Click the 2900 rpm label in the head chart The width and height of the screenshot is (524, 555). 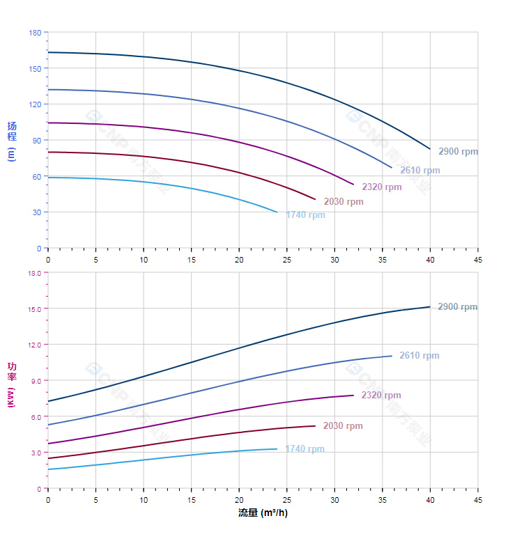[458, 151]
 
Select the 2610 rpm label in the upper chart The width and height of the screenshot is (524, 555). [419, 171]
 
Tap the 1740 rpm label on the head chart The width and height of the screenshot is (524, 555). [305, 215]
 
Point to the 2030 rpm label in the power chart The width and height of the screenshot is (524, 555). [343, 426]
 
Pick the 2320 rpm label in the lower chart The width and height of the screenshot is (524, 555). [381, 396]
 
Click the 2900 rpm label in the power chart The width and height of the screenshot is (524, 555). [457, 307]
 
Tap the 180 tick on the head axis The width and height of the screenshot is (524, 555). [35, 33]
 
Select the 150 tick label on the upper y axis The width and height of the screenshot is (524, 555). [35, 68]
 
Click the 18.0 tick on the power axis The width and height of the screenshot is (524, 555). [34, 273]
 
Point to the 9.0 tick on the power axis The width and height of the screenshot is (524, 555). [36, 381]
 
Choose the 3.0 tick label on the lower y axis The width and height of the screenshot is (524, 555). [36, 453]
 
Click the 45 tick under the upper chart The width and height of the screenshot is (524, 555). [478, 259]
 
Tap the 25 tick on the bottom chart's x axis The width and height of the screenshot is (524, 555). [287, 500]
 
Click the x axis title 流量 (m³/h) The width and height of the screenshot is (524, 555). [263, 513]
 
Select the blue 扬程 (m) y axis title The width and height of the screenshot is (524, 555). [12, 141]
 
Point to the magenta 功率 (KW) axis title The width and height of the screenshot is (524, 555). [12, 384]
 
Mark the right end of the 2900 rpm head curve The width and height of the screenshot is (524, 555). [430, 148]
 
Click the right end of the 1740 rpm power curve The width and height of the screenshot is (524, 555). [277, 448]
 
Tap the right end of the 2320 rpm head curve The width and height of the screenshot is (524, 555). [354, 185]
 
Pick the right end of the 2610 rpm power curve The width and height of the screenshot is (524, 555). [392, 356]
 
